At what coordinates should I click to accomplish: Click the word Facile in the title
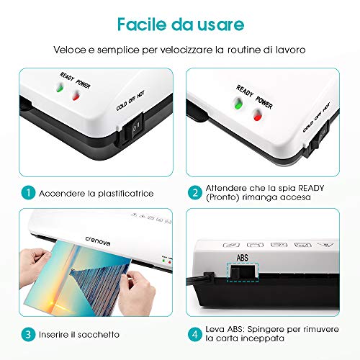[142, 24]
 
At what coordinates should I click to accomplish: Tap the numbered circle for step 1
[28, 192]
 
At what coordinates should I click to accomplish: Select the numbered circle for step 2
[195, 192]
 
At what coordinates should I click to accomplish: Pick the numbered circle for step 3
[28, 334]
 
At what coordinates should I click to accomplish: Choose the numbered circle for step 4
[195, 334]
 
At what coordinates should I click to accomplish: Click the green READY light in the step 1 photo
[60, 88]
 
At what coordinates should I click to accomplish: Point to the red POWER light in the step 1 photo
[76, 95]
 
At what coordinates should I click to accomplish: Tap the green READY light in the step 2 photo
[238, 104]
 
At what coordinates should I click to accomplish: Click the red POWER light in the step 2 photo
[258, 115]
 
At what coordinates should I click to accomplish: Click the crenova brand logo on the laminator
[98, 241]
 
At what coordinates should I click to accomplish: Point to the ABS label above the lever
[242, 258]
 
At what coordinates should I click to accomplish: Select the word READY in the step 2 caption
[311, 188]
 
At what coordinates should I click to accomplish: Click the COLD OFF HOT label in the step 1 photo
[130, 101]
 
